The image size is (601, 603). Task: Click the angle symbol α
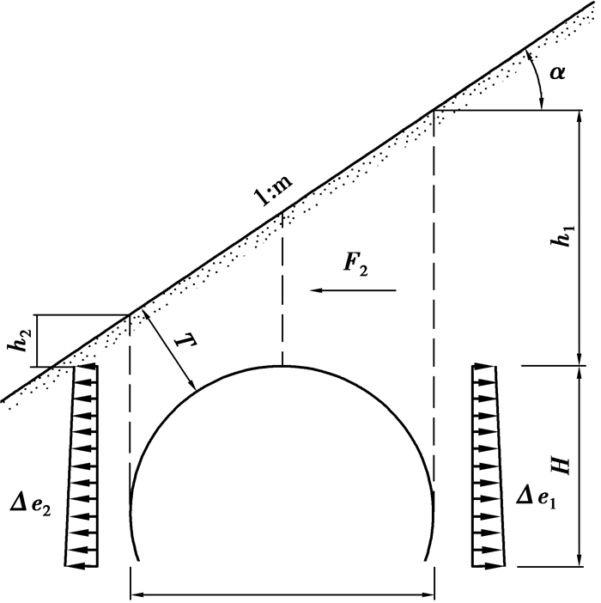pyautogui.click(x=557, y=72)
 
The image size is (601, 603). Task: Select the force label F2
pyautogui.click(x=355, y=264)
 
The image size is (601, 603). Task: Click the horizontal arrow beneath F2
pyautogui.click(x=353, y=290)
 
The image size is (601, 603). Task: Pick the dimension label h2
pyautogui.click(x=18, y=340)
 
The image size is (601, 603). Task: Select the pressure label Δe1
pyautogui.click(x=536, y=499)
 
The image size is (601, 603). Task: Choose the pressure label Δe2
pyautogui.click(x=30, y=505)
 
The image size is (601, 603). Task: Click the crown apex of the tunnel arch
pyautogui.click(x=282, y=366)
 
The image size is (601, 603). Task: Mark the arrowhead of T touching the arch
pyautogui.click(x=192, y=385)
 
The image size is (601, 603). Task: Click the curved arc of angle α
pyautogui.click(x=536, y=79)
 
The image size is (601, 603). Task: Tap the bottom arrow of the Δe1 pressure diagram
pyautogui.click(x=488, y=566)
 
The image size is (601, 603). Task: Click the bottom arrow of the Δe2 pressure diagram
pyautogui.click(x=81, y=566)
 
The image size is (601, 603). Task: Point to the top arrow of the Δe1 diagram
pyautogui.click(x=483, y=367)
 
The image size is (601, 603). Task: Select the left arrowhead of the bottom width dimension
pyautogui.click(x=136, y=595)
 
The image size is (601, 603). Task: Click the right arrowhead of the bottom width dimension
pyautogui.click(x=429, y=595)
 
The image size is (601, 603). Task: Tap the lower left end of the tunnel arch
pyautogui.click(x=137, y=560)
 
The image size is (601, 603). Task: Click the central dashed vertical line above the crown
pyautogui.click(x=282, y=289)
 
